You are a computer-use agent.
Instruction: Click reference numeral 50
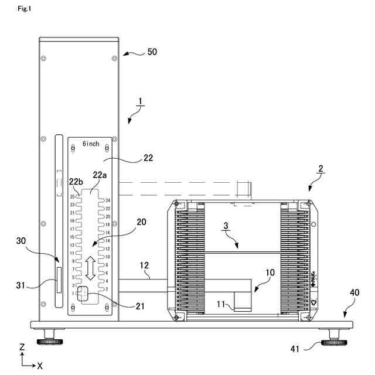pos(152,52)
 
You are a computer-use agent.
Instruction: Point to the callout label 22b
pos(76,182)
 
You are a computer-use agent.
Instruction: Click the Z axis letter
pos(22,347)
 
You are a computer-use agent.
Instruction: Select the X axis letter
pos(40,365)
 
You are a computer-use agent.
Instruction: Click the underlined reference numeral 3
pos(225,226)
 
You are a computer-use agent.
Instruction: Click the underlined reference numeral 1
pos(139,100)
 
